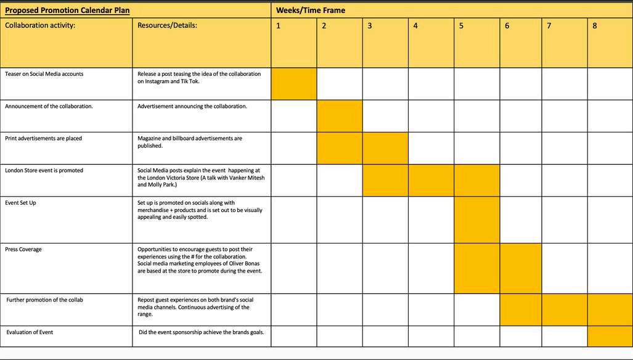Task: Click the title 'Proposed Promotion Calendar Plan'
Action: click(67, 10)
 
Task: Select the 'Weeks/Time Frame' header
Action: click(311, 10)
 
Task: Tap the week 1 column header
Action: click(279, 26)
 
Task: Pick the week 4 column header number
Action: click(415, 26)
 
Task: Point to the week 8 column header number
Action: click(594, 26)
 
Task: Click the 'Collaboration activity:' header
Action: click(40, 26)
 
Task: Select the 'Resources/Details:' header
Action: click(167, 26)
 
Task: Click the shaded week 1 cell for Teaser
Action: click(294, 83)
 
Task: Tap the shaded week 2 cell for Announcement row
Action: click(340, 115)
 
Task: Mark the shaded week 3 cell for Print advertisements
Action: click(385, 148)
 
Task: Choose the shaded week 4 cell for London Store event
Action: click(431, 180)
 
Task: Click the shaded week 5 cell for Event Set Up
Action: click(476, 219)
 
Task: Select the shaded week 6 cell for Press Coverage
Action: click(520, 268)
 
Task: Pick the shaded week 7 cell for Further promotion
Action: click(565, 309)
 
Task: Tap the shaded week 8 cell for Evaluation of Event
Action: click(610, 336)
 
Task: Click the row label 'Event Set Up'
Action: click(20, 203)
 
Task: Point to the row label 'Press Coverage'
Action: click(24, 250)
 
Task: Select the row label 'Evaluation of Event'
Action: click(30, 332)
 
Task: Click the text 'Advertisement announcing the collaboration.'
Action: click(192, 106)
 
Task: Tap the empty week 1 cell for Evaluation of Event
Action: click(294, 336)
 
